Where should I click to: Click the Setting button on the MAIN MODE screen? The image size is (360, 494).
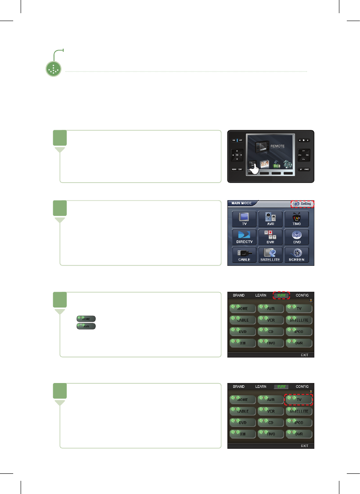[x=303, y=204]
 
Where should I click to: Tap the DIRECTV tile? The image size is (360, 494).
[x=244, y=237]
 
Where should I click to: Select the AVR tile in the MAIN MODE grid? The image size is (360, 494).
[x=271, y=218]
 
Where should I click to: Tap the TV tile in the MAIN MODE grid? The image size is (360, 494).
[x=244, y=218]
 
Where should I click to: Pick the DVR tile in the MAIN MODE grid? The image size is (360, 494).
[x=271, y=237]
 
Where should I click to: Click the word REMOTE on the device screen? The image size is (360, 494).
[x=277, y=146]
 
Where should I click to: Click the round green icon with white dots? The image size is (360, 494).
[x=53, y=69]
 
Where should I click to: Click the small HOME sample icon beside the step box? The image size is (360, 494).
[x=86, y=318]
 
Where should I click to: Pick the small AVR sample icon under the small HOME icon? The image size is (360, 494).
[x=86, y=326]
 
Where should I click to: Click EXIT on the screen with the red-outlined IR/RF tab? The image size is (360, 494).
[x=304, y=354]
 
